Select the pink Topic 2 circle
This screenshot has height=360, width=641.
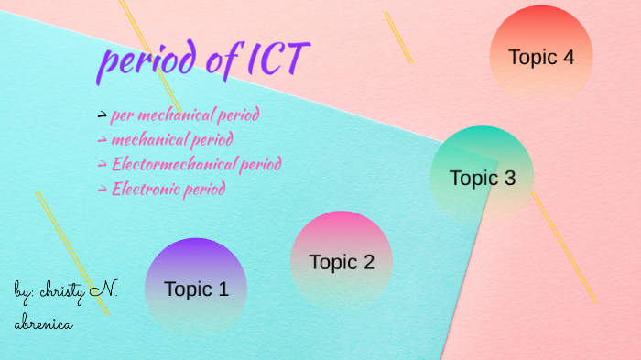pyautogui.click(x=342, y=261)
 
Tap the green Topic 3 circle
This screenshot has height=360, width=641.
pyautogui.click(x=482, y=177)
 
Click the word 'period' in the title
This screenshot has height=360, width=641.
pyautogui.click(x=147, y=61)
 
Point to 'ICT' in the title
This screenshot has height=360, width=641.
pyautogui.click(x=277, y=60)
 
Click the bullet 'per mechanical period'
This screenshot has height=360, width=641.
pyautogui.click(x=184, y=115)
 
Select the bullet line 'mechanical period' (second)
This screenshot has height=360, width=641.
pyautogui.click(x=171, y=140)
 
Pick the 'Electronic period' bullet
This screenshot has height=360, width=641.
pyautogui.click(x=168, y=190)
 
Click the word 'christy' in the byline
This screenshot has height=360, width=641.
pyautogui.click(x=65, y=292)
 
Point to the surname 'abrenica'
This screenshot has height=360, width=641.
pyautogui.click(x=43, y=323)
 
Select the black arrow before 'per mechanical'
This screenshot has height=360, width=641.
pyautogui.click(x=102, y=115)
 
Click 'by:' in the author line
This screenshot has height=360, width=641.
pyautogui.click(x=25, y=292)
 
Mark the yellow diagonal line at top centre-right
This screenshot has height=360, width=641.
pyautogui.click(x=398, y=38)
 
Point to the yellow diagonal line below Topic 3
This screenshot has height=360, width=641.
pyautogui.click(x=563, y=246)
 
